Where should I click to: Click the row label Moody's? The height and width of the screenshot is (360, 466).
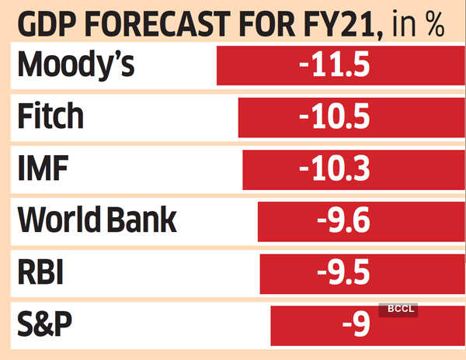76,65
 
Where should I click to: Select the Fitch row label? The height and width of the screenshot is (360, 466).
49,117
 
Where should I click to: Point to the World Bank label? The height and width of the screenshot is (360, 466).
97,221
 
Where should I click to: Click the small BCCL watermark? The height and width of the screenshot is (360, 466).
398,310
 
